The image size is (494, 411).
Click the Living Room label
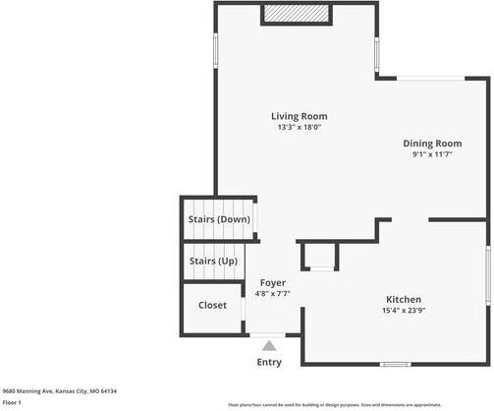point(300,116)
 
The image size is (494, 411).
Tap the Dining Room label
point(432,144)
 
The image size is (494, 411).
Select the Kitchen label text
point(403,299)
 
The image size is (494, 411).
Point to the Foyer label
point(272,282)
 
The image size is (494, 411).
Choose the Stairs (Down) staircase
point(219,218)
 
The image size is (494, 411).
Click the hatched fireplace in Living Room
point(296,14)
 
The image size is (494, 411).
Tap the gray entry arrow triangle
point(269,345)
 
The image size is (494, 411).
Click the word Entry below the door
point(269,362)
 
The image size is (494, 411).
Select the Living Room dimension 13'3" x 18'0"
point(300,127)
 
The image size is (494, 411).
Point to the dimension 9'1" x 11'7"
point(432,154)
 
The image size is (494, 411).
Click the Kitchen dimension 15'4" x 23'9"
point(403,310)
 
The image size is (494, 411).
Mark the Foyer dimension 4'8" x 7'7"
point(272,293)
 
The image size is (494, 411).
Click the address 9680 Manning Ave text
point(59,390)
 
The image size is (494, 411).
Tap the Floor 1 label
point(13,402)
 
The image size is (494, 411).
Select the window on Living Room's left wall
point(216,51)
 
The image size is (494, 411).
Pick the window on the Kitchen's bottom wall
point(395,364)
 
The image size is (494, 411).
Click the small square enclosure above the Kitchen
point(320,255)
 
